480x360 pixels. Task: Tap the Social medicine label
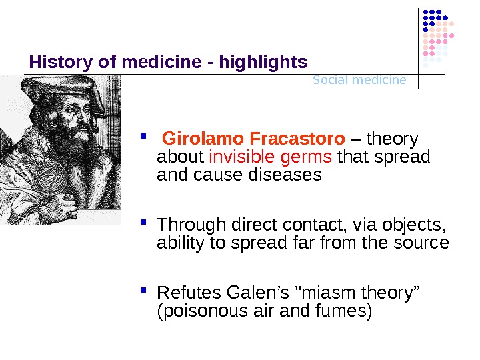point(359,80)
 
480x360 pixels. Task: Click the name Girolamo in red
point(203,139)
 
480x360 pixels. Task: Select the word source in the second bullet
point(424,243)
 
